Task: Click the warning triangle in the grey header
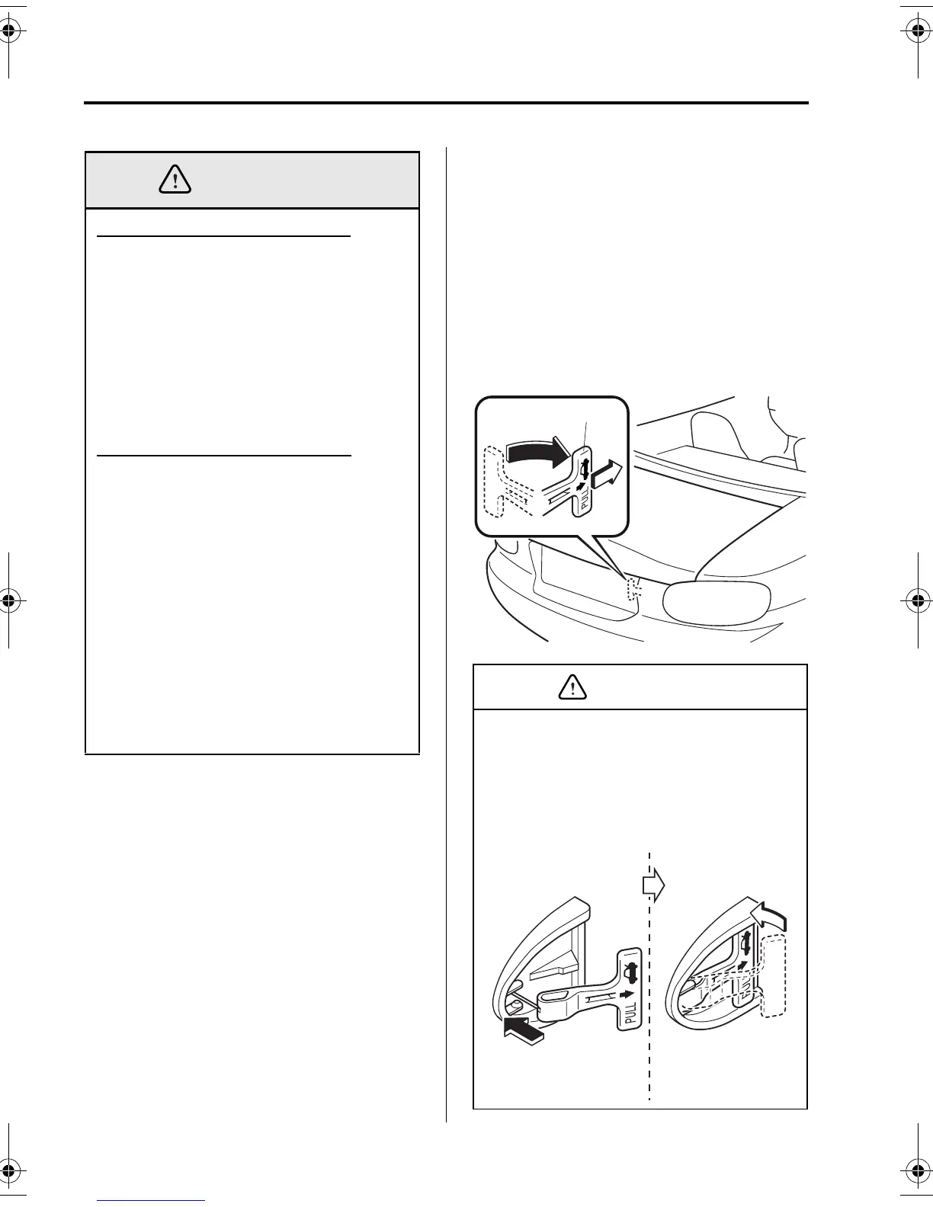coord(175,180)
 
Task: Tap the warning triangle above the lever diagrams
coord(572,688)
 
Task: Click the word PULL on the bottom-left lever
coord(630,1010)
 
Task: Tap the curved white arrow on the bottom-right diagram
coord(768,915)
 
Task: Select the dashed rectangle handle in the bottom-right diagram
coord(776,975)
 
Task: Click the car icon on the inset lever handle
coord(585,466)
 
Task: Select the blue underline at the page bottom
coord(152,1201)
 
